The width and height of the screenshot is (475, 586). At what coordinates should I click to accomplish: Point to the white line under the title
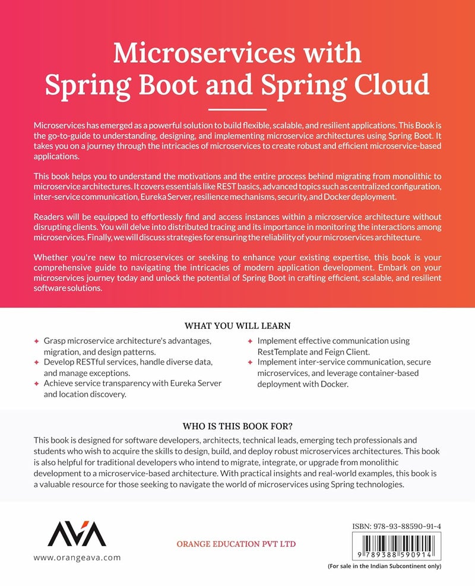pos(237,109)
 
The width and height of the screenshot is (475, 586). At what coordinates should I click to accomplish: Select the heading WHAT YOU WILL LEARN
pos(237,326)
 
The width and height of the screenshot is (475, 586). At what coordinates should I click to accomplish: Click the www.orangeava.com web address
pos(77,558)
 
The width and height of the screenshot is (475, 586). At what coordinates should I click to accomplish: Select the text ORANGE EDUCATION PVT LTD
pos(236,544)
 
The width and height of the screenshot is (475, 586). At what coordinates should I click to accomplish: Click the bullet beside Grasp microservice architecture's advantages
pos(36,342)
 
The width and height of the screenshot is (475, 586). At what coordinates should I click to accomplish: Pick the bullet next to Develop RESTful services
pos(36,363)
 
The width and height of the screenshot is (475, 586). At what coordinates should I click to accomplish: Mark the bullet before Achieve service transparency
pos(36,384)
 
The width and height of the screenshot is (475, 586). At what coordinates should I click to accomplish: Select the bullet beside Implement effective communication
pos(250,342)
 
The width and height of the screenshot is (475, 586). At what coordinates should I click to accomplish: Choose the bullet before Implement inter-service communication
pos(250,363)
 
